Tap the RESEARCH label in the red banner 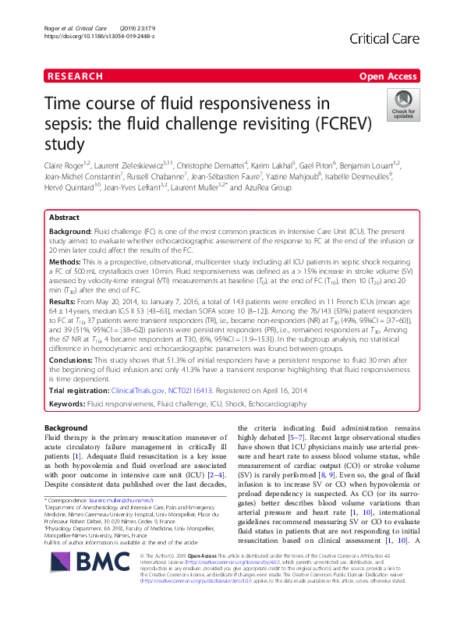(x=75, y=76)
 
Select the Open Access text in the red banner (x=388, y=76)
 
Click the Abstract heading (x=64, y=218)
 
